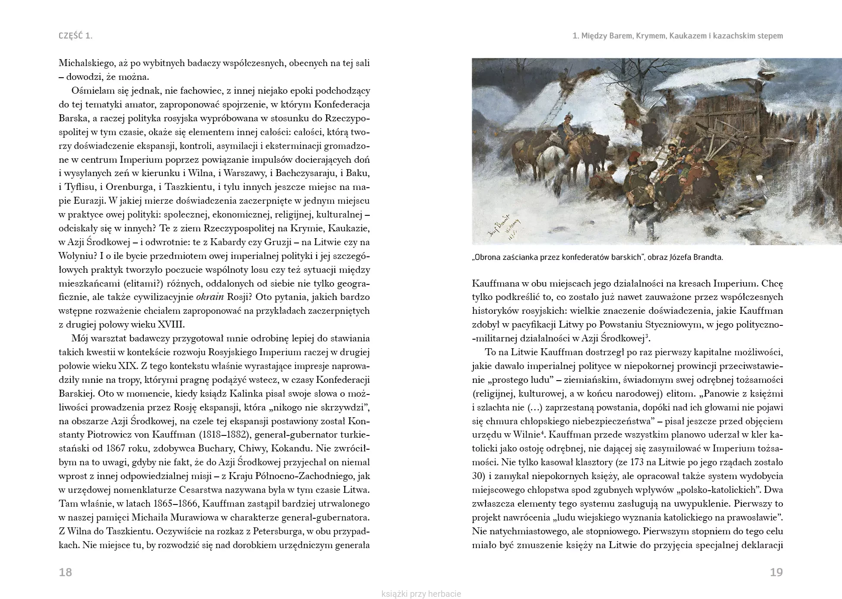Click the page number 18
(x=65, y=572)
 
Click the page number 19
(x=776, y=572)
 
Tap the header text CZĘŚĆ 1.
(x=76, y=36)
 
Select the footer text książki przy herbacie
(x=421, y=594)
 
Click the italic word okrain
(x=210, y=297)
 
